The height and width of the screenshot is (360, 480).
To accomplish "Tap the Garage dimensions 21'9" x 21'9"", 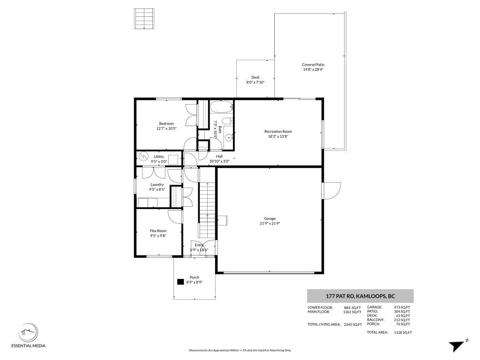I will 270,224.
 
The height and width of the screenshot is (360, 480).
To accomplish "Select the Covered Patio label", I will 313,65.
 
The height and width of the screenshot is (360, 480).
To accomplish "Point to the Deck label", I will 255,77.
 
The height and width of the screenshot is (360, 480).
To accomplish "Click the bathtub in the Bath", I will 221,107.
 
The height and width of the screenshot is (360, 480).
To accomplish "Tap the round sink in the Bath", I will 228,138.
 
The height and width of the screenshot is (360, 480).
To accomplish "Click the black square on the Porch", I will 180,282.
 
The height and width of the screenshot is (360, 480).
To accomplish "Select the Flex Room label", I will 158,231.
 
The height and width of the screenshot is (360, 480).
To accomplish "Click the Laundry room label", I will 157,184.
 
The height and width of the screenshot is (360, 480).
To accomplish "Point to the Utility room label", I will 159,157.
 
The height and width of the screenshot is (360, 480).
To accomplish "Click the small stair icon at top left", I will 144,19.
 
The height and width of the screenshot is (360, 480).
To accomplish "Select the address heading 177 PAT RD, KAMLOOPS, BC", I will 360,296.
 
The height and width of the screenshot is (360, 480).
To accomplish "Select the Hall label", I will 219,156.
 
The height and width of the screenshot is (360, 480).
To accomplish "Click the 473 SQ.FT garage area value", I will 402,307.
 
